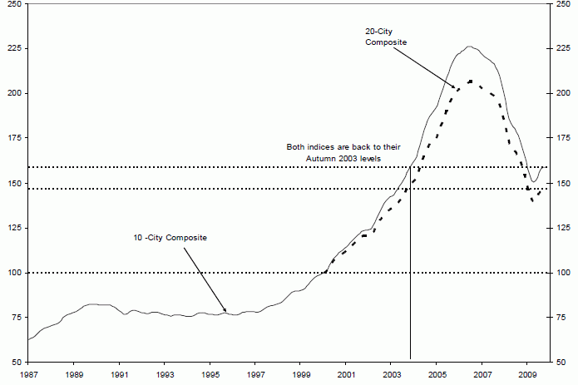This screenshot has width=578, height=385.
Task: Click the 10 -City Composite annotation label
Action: coord(170,238)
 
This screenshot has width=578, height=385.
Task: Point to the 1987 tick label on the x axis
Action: coord(29,374)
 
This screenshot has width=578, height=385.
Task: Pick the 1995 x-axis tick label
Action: coord(210,374)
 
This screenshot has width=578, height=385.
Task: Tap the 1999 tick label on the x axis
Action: coord(301,374)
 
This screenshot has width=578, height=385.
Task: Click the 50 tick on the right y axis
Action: coord(561,363)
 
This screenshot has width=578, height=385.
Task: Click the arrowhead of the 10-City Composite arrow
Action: coord(227,312)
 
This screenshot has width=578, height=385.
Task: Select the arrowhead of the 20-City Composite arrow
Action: coord(457,87)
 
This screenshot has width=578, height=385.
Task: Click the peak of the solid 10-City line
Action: coord(469,47)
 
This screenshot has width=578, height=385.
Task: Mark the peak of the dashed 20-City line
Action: coord(471,81)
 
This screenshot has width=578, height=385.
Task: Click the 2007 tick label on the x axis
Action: coord(482,374)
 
